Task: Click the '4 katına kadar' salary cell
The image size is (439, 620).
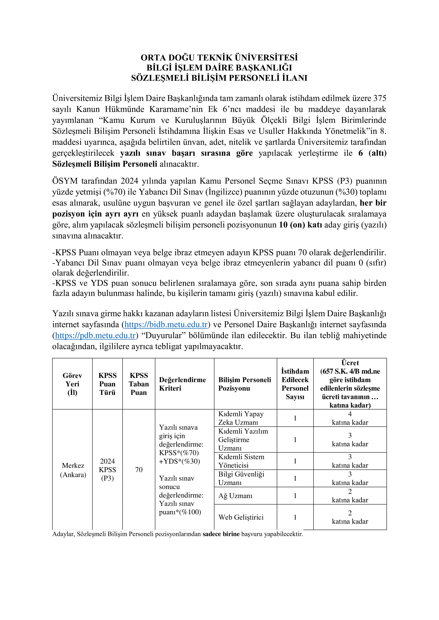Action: tap(350, 418)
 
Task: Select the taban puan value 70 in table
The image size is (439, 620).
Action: tap(139, 470)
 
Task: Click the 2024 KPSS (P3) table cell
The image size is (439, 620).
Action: tap(107, 470)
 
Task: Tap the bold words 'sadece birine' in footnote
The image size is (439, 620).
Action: tap(221, 534)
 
